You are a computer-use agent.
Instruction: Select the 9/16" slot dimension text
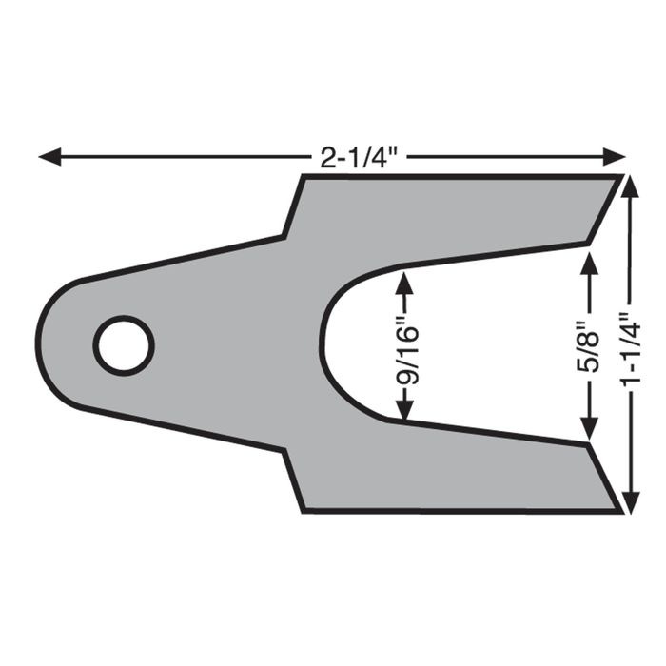[406, 347]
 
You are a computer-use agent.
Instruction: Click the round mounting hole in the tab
[124, 344]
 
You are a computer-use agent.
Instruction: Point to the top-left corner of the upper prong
[304, 176]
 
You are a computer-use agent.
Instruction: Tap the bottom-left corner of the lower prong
[304, 511]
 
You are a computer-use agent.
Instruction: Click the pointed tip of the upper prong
[588, 245]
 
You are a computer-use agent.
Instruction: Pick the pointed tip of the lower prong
[588, 443]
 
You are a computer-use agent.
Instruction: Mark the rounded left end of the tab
[39, 344]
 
